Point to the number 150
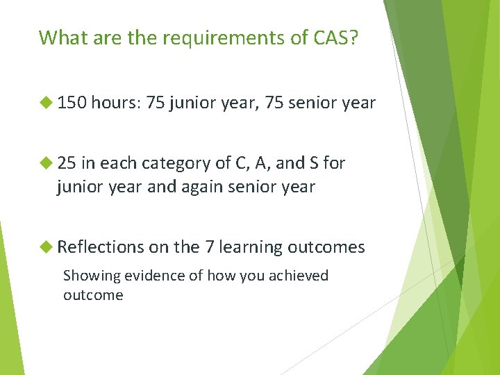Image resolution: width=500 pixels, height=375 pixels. tap(72, 103)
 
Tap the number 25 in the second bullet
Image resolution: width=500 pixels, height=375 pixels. tap(67, 163)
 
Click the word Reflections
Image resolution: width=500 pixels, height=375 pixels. tap(100, 247)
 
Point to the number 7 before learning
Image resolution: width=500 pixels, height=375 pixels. tap(210, 247)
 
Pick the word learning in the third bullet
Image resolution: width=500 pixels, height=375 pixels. tap(251, 247)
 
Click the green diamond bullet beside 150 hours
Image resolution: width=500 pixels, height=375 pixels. tap(47, 103)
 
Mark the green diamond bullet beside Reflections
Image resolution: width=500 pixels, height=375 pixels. tap(47, 247)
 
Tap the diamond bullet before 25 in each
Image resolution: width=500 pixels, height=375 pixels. tap(47, 163)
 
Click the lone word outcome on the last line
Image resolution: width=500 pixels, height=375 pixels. tap(93, 294)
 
